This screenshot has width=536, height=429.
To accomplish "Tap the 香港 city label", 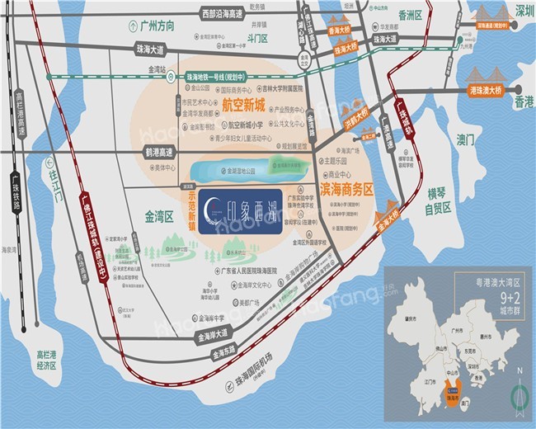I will coord(524,102).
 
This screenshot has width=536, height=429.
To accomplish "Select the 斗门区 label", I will coord(261,37).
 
